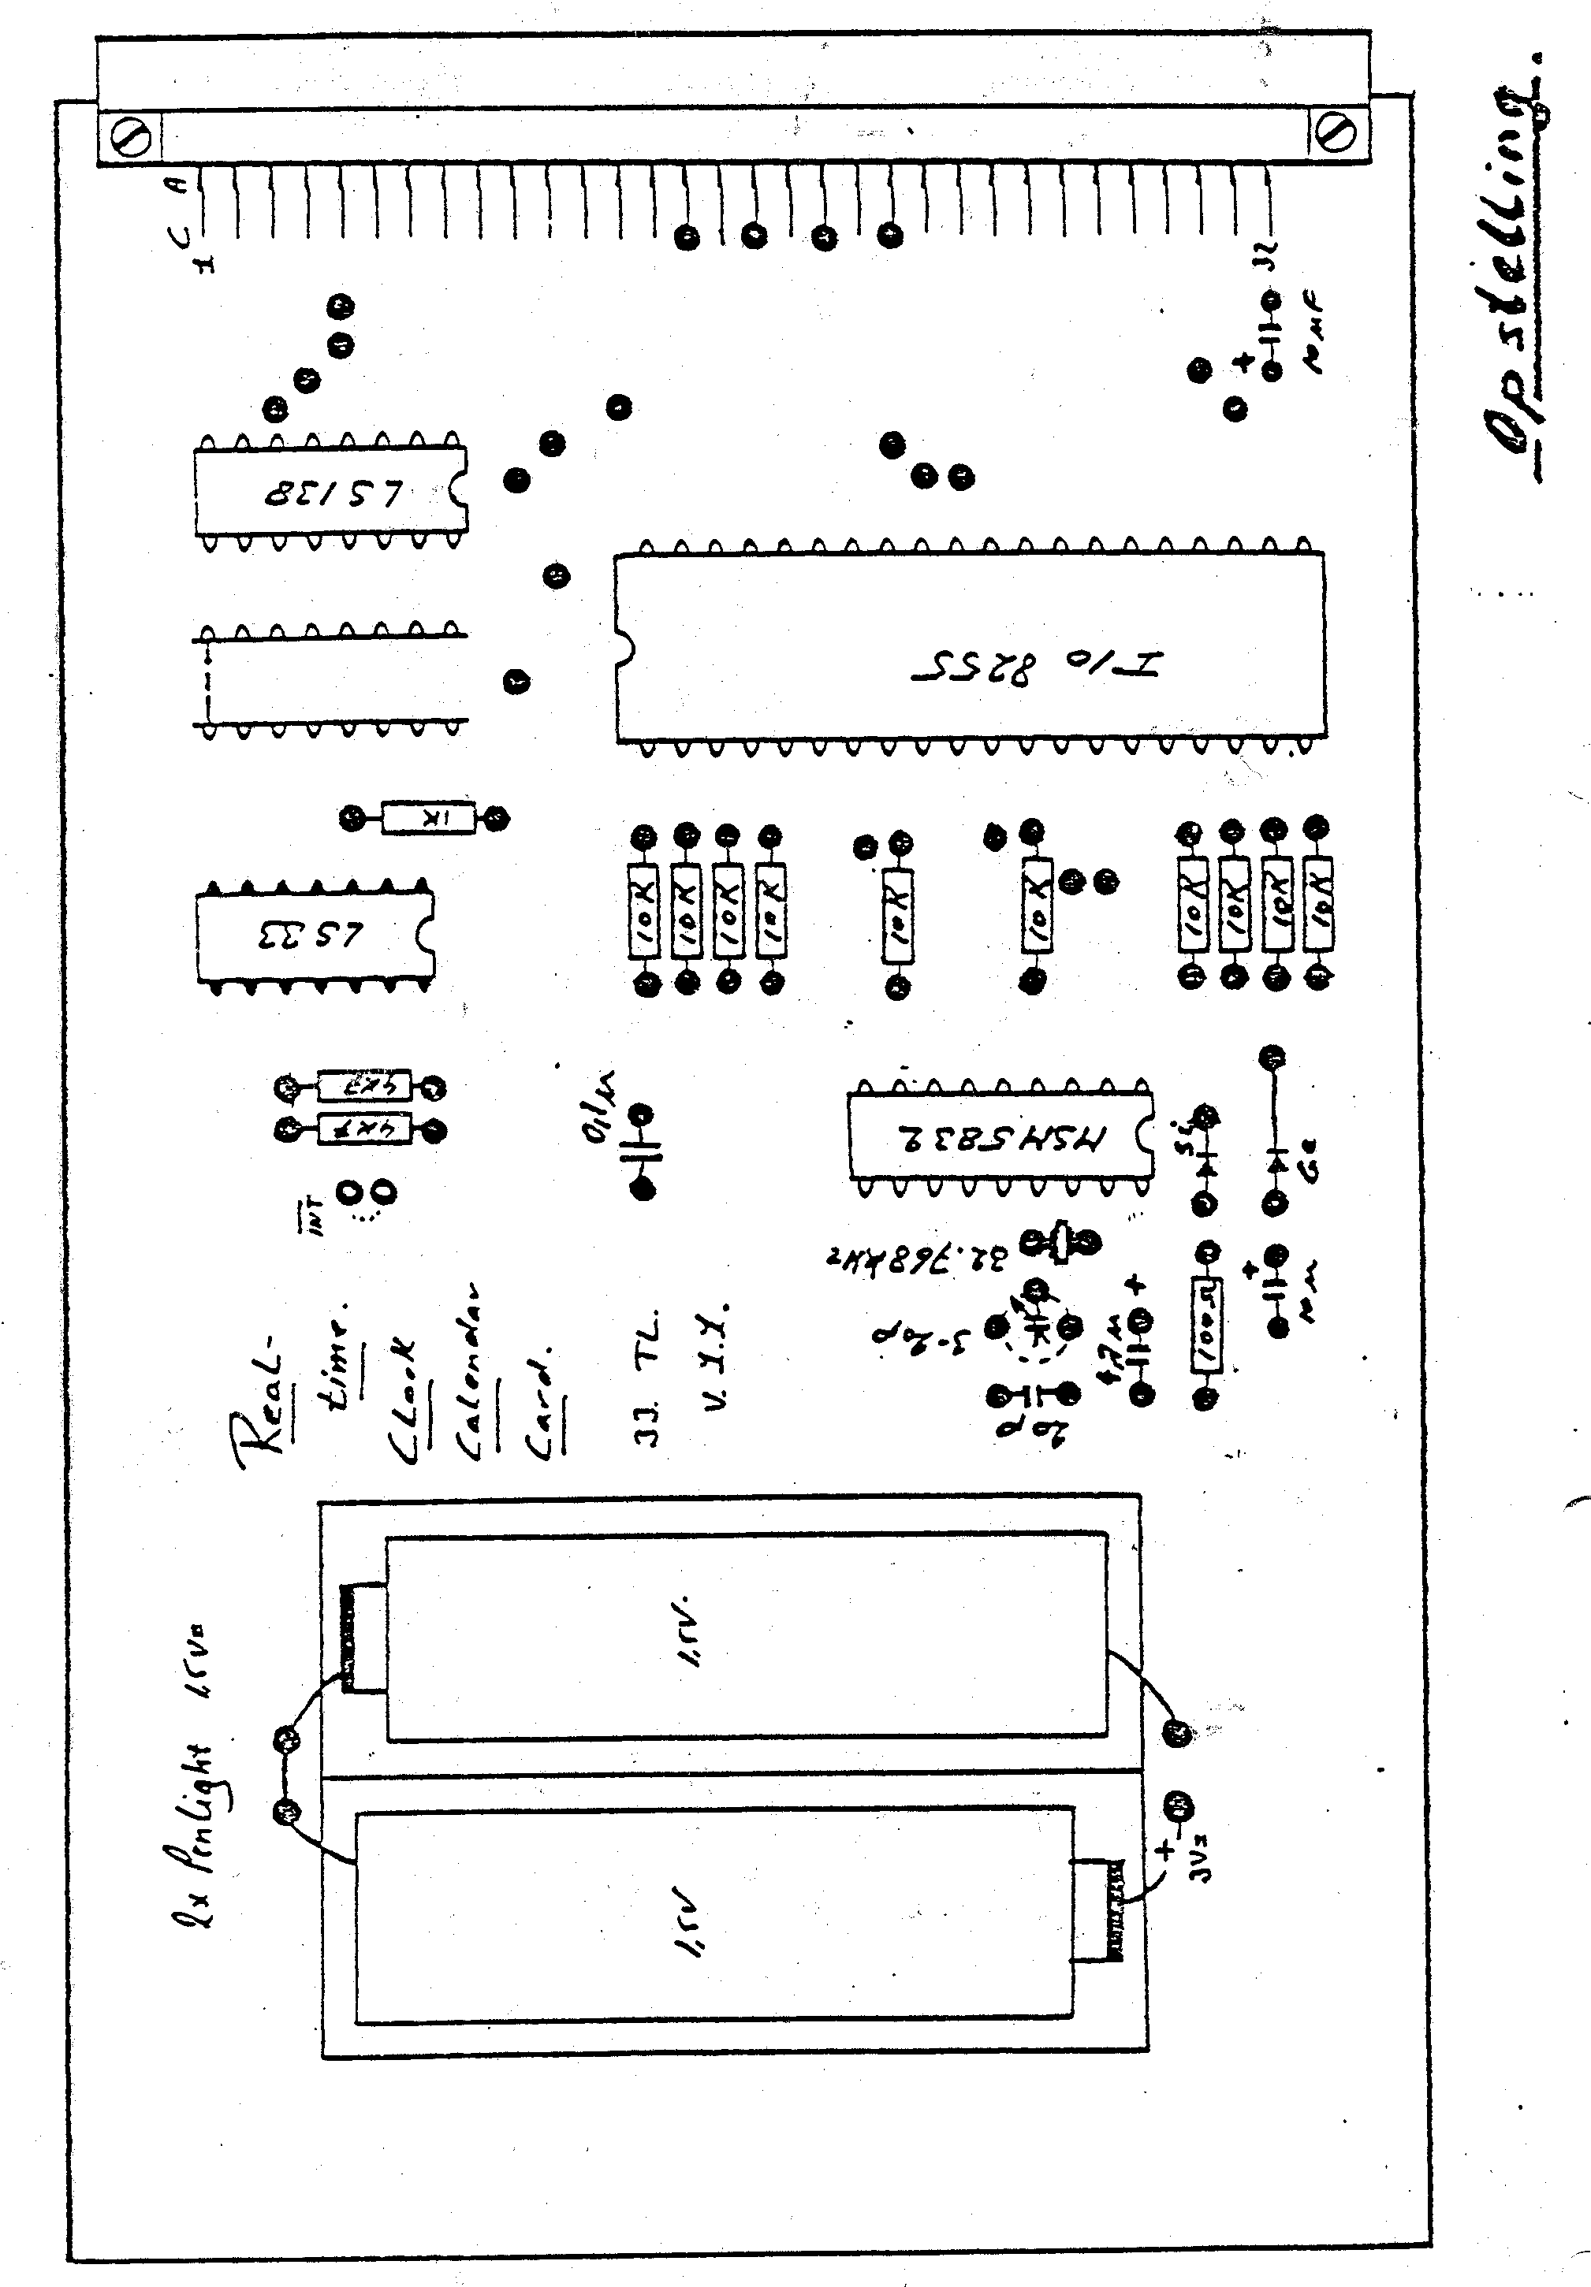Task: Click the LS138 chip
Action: coord(330,492)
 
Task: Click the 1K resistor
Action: coord(428,819)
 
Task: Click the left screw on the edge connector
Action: coord(132,136)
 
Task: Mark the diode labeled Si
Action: coord(1205,1158)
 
